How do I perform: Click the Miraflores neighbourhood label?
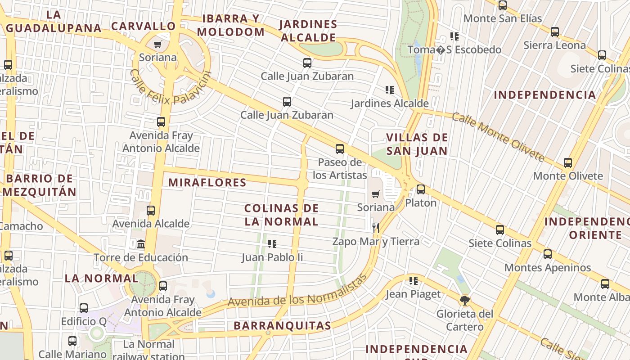207,182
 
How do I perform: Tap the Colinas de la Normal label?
281,215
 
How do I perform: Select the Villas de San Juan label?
417,144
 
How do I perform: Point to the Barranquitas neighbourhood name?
282,326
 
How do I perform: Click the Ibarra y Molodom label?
231,25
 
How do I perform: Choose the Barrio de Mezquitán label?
40,185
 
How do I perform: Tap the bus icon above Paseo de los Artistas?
340,148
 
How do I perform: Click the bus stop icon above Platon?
421,189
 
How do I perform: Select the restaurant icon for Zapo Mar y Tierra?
376,228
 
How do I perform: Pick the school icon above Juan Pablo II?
272,244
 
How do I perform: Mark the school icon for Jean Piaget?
414,281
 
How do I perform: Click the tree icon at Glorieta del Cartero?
465,300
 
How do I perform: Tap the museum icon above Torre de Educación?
141,244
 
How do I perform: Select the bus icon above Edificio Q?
84,308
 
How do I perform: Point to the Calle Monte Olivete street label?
498,137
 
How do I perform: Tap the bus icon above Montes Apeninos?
548,254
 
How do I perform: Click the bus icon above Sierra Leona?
555,32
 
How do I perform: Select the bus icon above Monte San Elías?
503,5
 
